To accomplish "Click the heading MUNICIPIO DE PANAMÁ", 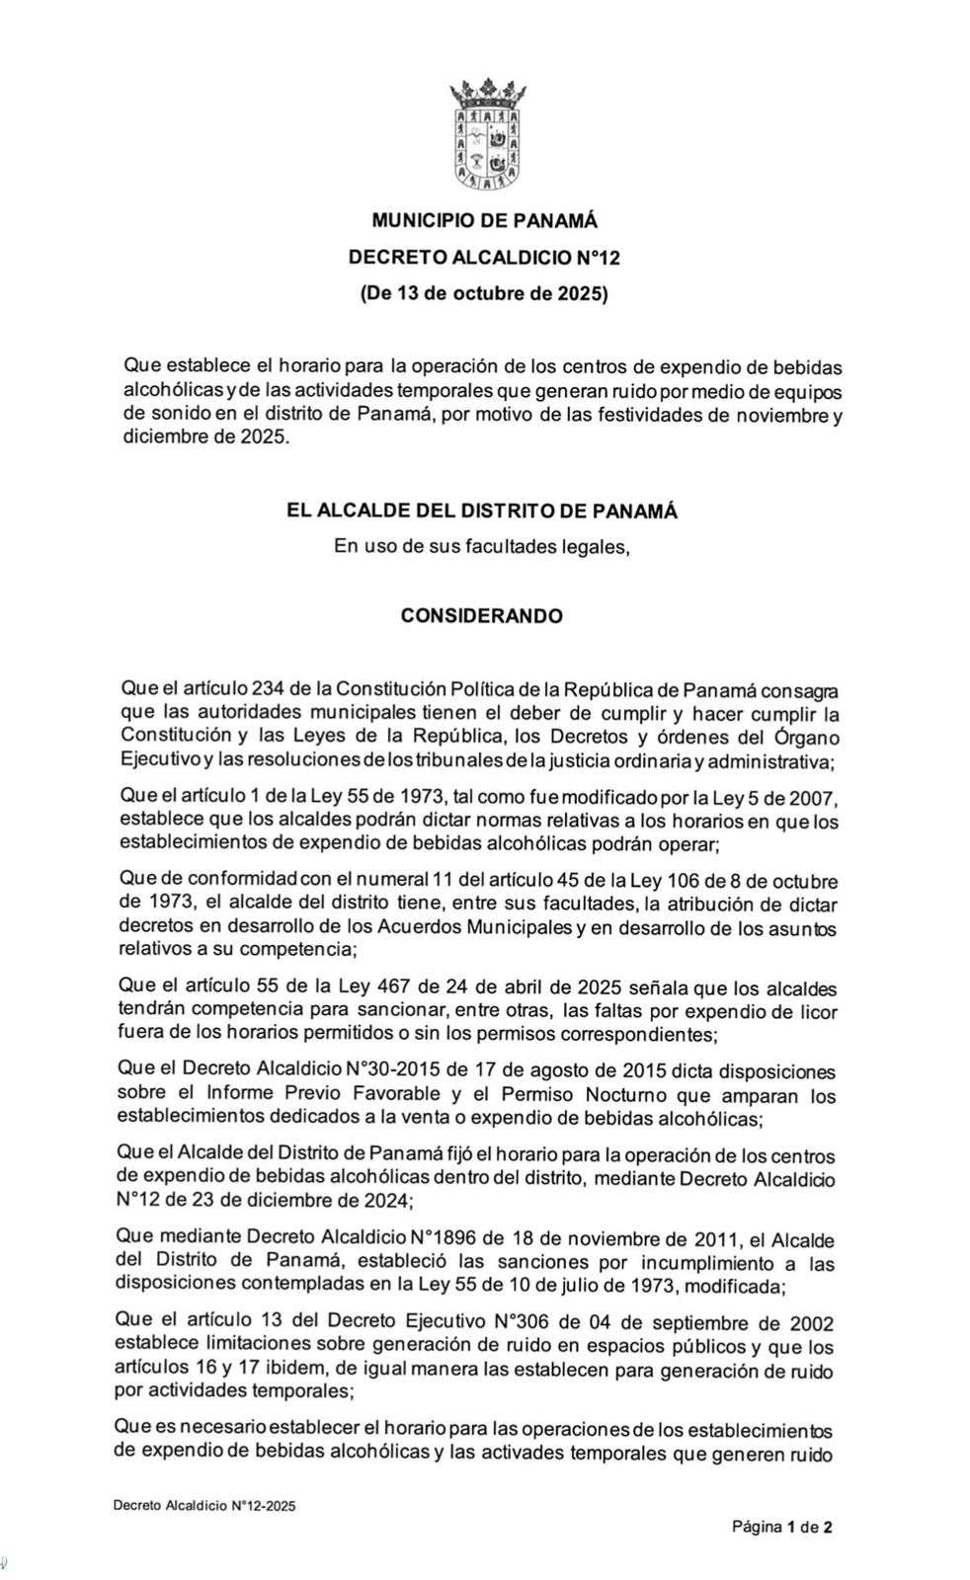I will pyautogui.click(x=484, y=221).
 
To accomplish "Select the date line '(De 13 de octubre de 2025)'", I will pyautogui.click(x=484, y=293).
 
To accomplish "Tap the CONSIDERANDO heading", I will pyautogui.click(x=482, y=615).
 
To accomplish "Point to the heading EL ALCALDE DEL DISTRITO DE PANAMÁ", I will pyautogui.click(x=482, y=512).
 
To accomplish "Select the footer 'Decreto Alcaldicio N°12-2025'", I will pyautogui.click(x=203, y=1507).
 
